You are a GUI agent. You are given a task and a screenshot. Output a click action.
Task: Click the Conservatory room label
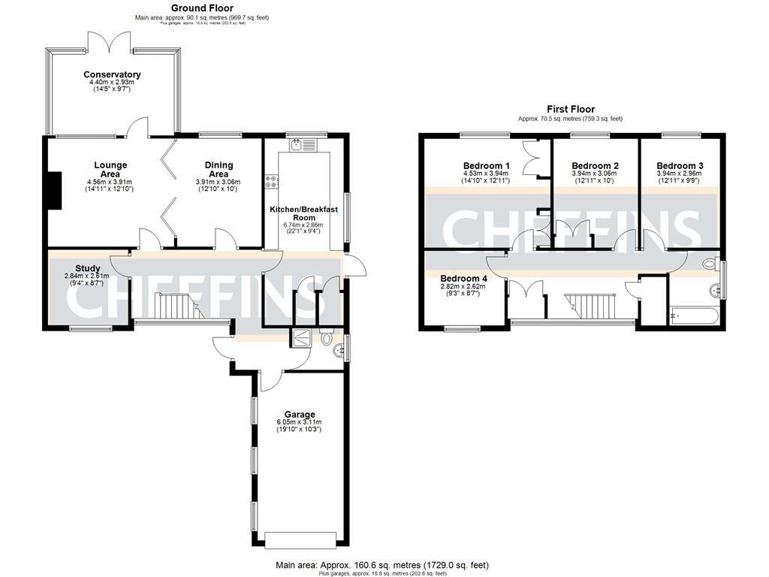[112, 74]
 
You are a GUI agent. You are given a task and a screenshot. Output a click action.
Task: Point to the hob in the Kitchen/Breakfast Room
[270, 181]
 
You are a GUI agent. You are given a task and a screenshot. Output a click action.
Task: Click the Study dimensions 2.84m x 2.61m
[86, 276]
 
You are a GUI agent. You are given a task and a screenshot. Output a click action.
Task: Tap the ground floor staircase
[178, 306]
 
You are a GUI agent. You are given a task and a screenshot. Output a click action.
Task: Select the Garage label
[299, 414]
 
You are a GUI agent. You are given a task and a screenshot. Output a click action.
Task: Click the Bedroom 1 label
[486, 165]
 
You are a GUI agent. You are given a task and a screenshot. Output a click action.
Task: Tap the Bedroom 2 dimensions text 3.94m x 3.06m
[595, 174]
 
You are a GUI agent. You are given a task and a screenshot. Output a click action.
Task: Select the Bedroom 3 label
[680, 165]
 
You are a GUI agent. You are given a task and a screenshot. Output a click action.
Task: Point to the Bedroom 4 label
[463, 277]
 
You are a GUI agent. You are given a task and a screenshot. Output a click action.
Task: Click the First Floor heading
[570, 110]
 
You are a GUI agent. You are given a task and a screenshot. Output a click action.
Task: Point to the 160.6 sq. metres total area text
[383, 564]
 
